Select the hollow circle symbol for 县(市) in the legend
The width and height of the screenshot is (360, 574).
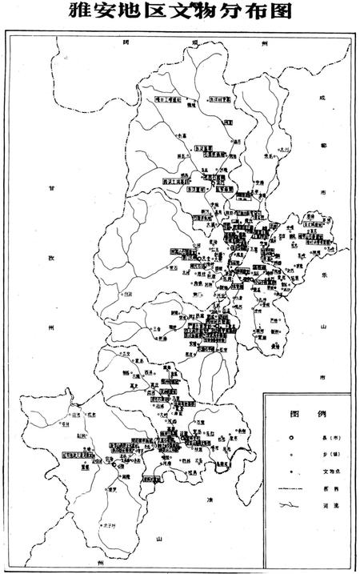point(292,438)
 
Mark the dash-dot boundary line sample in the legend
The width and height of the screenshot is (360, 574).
point(290,488)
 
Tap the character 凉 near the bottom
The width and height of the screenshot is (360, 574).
point(210,500)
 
